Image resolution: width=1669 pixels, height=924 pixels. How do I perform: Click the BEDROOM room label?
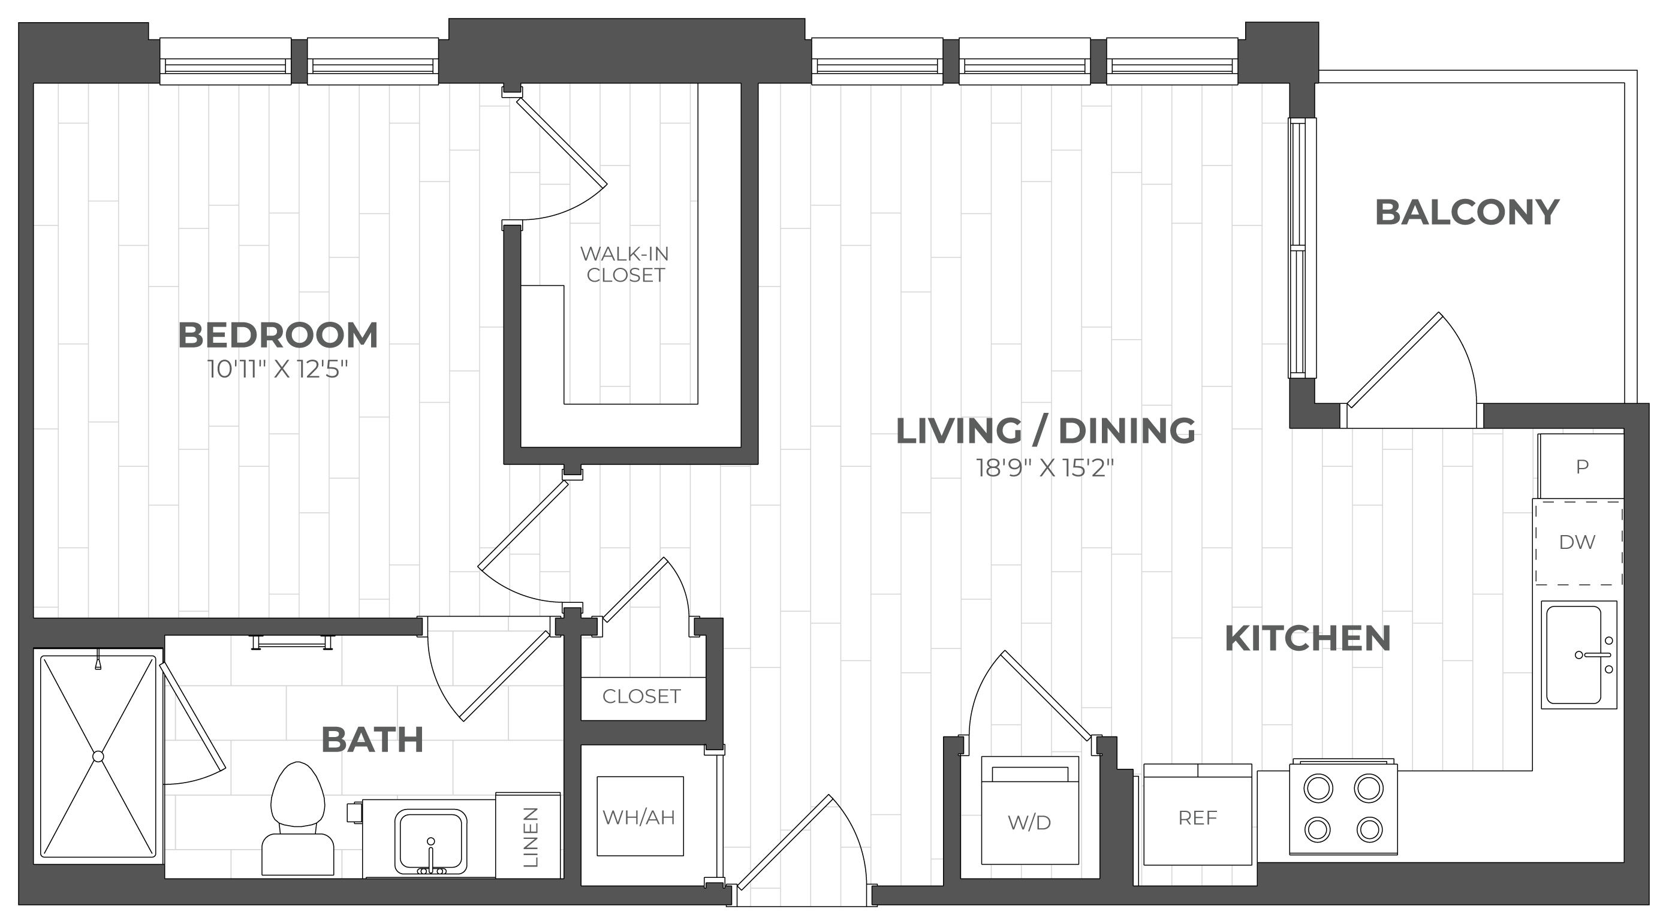click(x=278, y=336)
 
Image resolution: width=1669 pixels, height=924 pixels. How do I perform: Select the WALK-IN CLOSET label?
click(x=625, y=264)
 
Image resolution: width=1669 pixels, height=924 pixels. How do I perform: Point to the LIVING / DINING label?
click(x=1045, y=431)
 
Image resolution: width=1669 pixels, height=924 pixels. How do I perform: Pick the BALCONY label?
click(x=1467, y=212)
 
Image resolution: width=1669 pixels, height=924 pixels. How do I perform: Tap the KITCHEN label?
click(x=1308, y=638)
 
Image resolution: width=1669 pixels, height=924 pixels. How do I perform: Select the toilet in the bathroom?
click(x=297, y=822)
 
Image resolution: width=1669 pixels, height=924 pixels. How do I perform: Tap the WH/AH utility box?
click(x=639, y=817)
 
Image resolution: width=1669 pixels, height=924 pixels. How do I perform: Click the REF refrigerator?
click(x=1198, y=818)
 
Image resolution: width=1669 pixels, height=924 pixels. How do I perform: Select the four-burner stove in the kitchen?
click(x=1343, y=818)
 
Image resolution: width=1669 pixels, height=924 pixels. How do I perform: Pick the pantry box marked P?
click(x=1581, y=467)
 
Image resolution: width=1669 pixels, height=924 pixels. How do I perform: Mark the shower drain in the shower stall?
click(x=98, y=756)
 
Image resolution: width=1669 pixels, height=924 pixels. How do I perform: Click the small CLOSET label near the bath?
click(x=641, y=697)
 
